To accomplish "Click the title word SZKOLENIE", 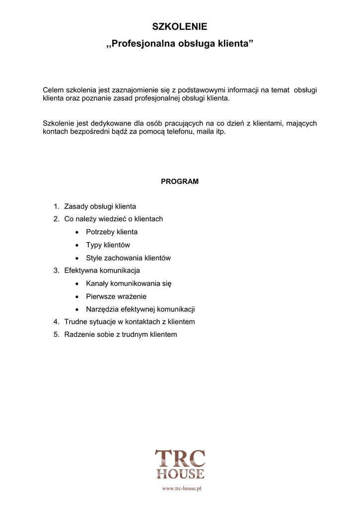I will tap(180, 26).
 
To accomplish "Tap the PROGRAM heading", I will tap(180, 182).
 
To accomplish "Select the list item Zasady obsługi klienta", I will tap(100, 206).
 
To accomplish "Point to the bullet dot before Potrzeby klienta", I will tap(76, 232).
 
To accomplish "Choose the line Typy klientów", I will tap(108, 245).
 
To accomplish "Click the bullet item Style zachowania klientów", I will tap(128, 258).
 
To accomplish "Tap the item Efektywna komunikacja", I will tap(102, 270).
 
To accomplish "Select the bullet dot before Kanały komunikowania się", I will tap(76, 284).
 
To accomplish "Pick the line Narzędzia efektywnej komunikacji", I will tap(140, 309).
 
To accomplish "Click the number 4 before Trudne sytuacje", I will tap(56, 322).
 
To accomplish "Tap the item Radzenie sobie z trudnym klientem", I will tap(121, 335).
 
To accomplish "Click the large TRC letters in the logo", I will tap(180, 458).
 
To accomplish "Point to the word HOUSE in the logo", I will tap(180, 474).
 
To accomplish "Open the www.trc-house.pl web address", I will tap(181, 489).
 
